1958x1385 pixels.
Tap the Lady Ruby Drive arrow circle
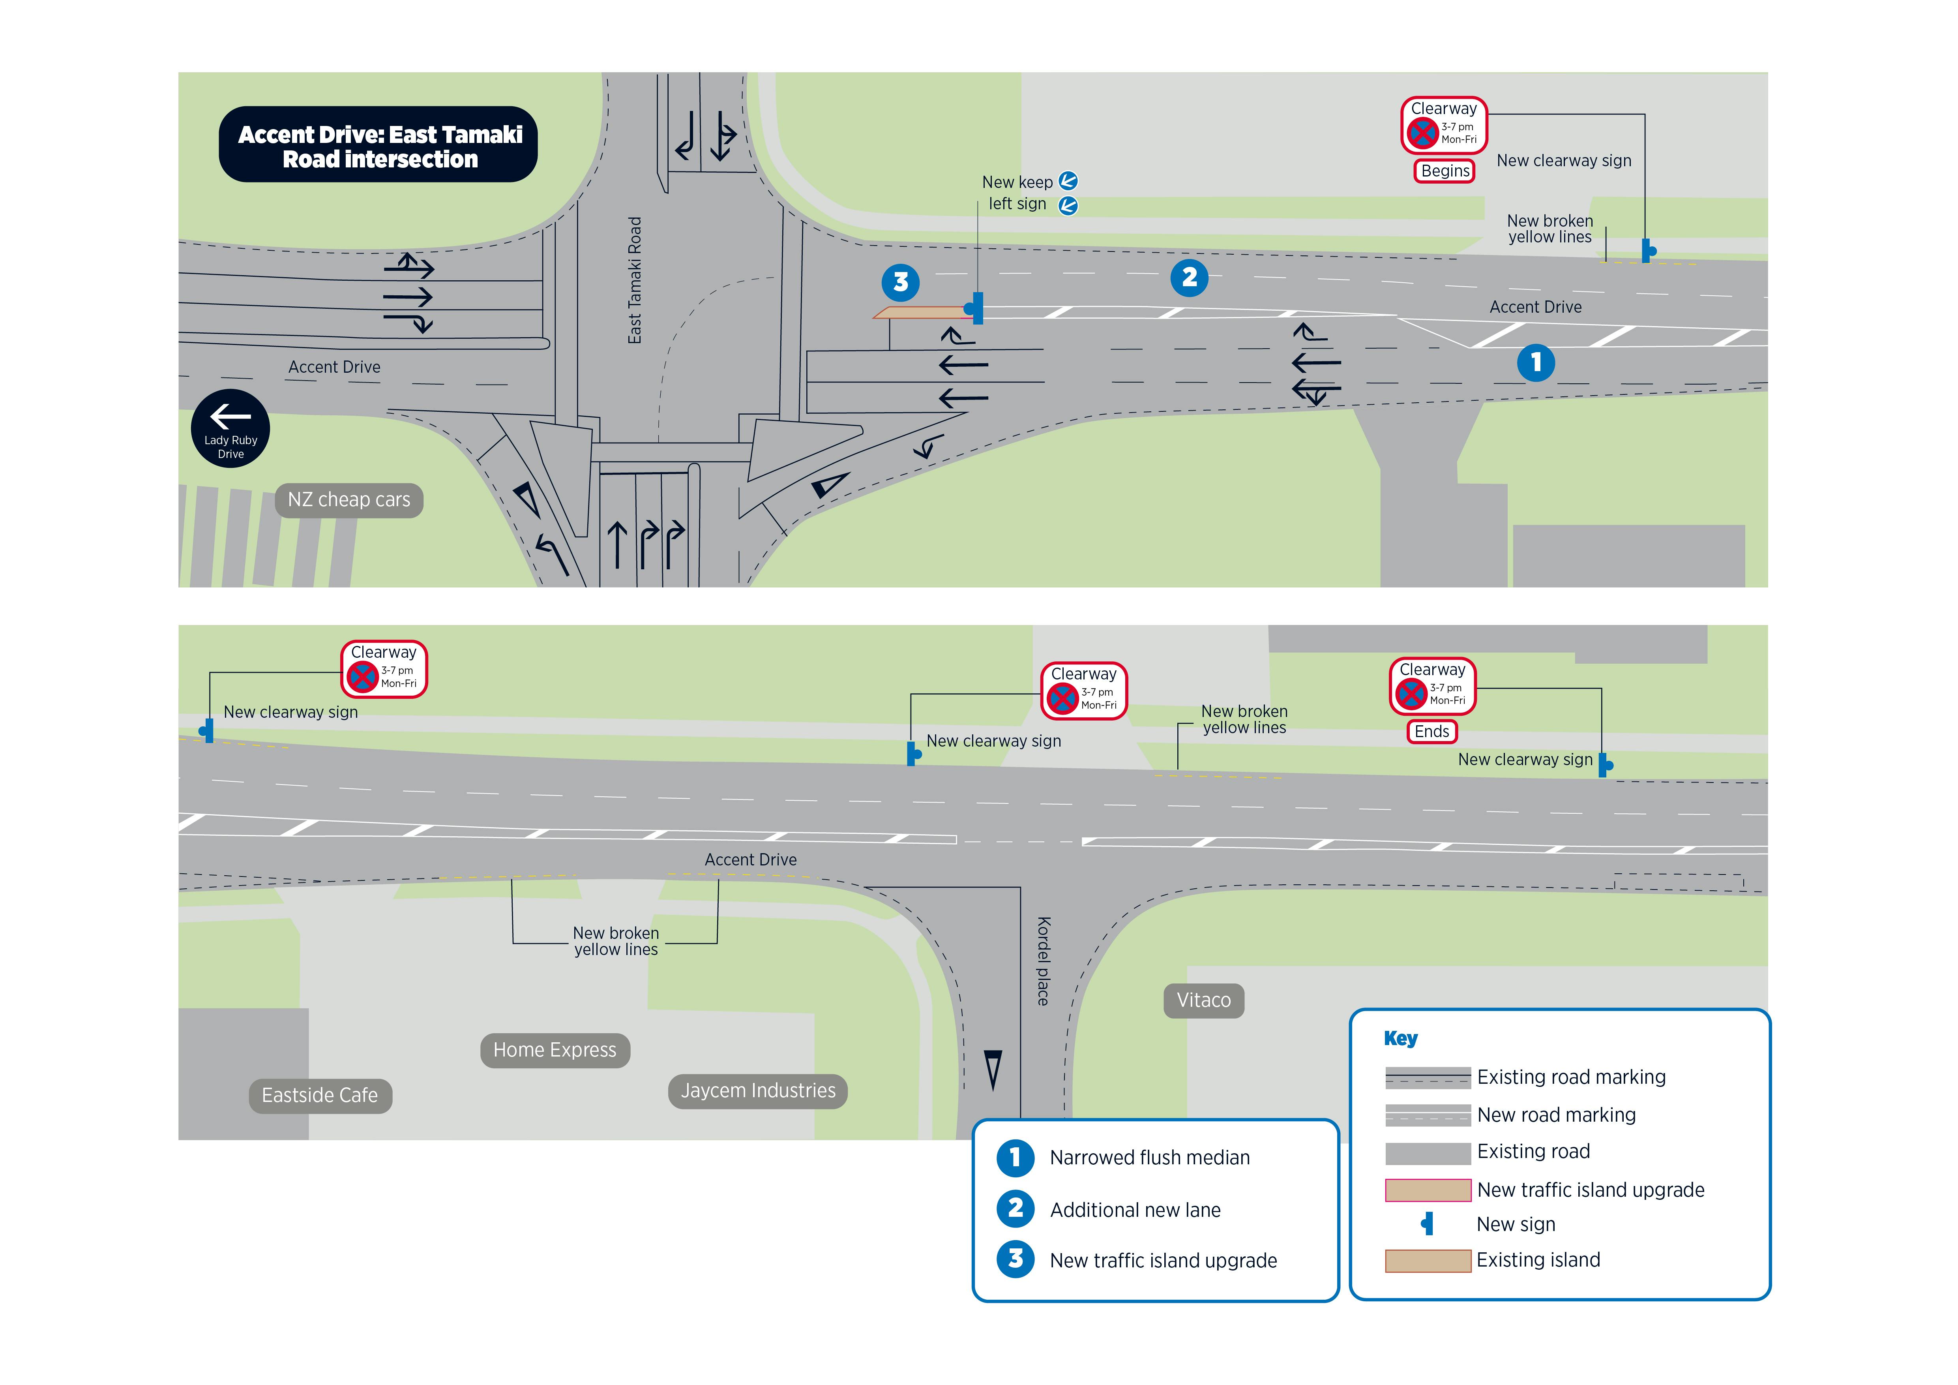230,428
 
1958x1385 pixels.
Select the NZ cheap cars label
349,500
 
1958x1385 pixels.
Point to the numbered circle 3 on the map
901,282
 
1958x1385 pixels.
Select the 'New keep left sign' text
1017,193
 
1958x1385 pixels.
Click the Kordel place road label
1043,961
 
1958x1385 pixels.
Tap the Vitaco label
1203,1000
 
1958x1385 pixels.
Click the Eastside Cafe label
320,1096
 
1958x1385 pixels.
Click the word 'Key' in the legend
1400,1039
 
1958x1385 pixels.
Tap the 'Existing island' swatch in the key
1428,1261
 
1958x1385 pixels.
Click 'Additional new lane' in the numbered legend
1135,1210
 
